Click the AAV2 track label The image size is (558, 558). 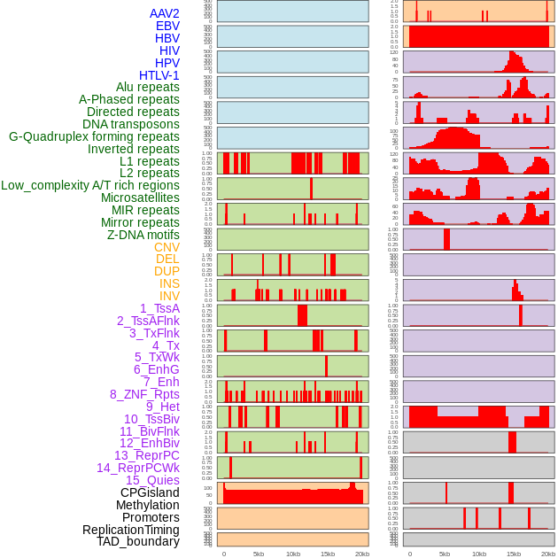coord(164,13)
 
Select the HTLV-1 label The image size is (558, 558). coord(159,75)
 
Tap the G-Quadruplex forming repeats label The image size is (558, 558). coord(94,136)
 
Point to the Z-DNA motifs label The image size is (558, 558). coord(143,235)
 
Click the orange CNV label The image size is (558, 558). coord(167,247)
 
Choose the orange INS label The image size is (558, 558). coord(169,283)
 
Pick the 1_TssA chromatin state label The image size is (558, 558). coord(159,308)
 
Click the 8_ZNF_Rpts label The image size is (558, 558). coord(144,394)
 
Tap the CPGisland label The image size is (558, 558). coord(150,492)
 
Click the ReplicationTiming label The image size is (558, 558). coord(131,530)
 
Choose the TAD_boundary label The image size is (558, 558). coord(138,541)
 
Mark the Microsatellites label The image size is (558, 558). coord(140,198)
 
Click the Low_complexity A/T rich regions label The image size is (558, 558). coord(90,185)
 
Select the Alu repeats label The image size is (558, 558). coord(148,87)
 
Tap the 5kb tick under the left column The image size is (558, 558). coord(259,554)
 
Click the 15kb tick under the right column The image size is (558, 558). coord(514,554)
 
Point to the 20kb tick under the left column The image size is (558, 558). coord(362,554)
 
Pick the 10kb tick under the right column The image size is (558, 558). coord(479,554)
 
